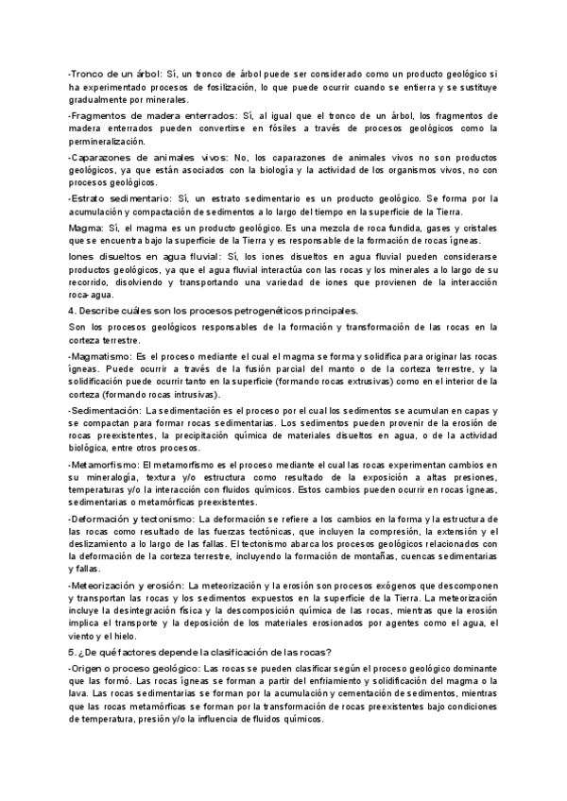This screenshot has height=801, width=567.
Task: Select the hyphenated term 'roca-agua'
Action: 87,297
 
